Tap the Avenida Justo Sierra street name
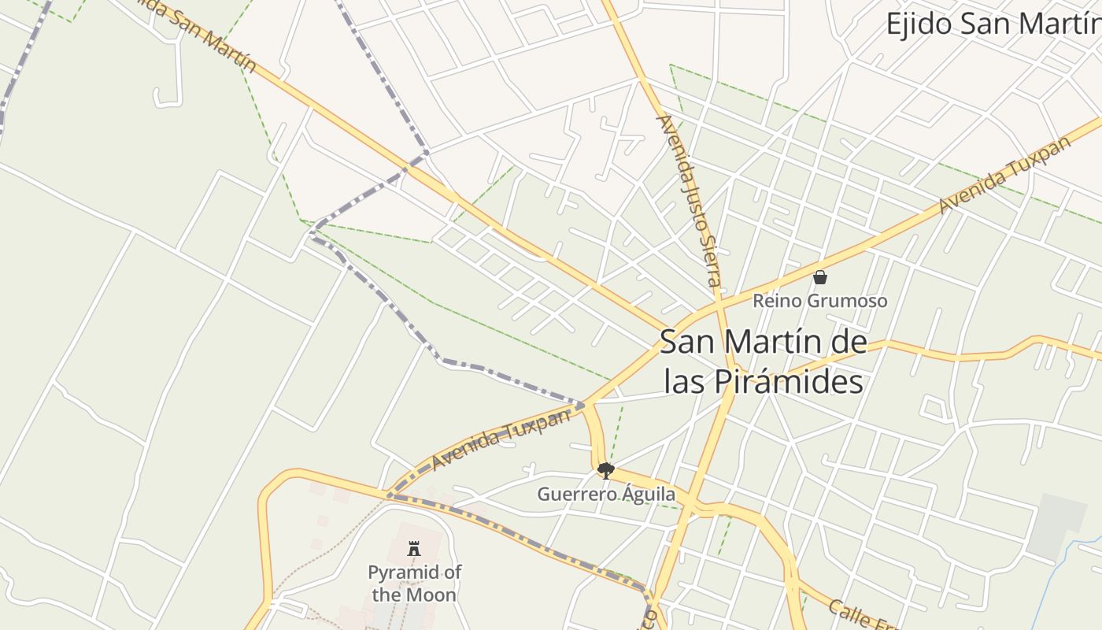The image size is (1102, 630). [690, 201]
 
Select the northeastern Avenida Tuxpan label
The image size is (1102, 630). [1004, 175]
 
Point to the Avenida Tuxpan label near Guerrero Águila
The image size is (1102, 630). [500, 439]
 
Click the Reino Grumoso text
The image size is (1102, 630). [819, 301]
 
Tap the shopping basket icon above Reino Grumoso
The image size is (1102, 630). [819, 277]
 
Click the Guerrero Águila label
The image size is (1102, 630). [605, 495]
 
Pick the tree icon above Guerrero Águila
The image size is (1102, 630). [605, 471]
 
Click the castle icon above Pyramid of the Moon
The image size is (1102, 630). [414, 549]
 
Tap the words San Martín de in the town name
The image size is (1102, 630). [763, 343]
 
